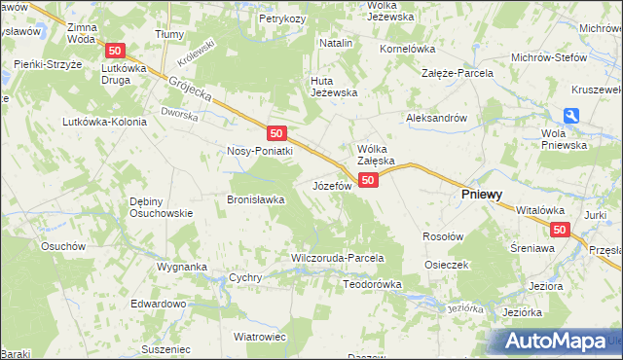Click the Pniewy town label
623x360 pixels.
click(481, 195)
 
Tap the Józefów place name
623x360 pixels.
click(331, 185)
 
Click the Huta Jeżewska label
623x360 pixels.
click(334, 87)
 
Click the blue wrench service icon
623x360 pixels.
click(572, 115)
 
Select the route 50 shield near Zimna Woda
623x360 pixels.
click(116, 51)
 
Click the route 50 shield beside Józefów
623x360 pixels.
click(368, 180)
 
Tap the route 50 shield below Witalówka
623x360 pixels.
click(559, 230)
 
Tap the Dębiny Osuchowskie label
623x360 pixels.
click(151, 207)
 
